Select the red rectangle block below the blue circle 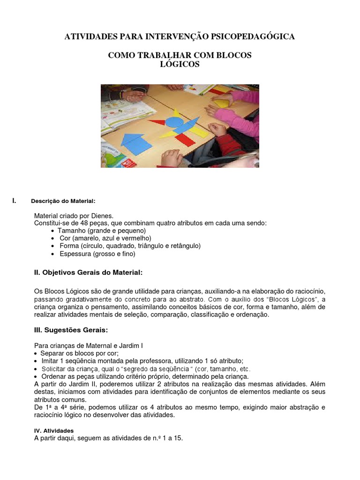point(184,139)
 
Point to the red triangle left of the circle point(158,123)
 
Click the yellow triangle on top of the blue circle point(176,112)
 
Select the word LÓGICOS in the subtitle point(180,64)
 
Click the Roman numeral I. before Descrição point(15,201)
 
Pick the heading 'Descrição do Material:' point(63,201)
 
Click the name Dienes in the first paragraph point(103,216)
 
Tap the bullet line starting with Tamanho point(101,231)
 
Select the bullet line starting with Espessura point(97,254)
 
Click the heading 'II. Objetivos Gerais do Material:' point(88,272)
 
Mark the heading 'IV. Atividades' point(54,430)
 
